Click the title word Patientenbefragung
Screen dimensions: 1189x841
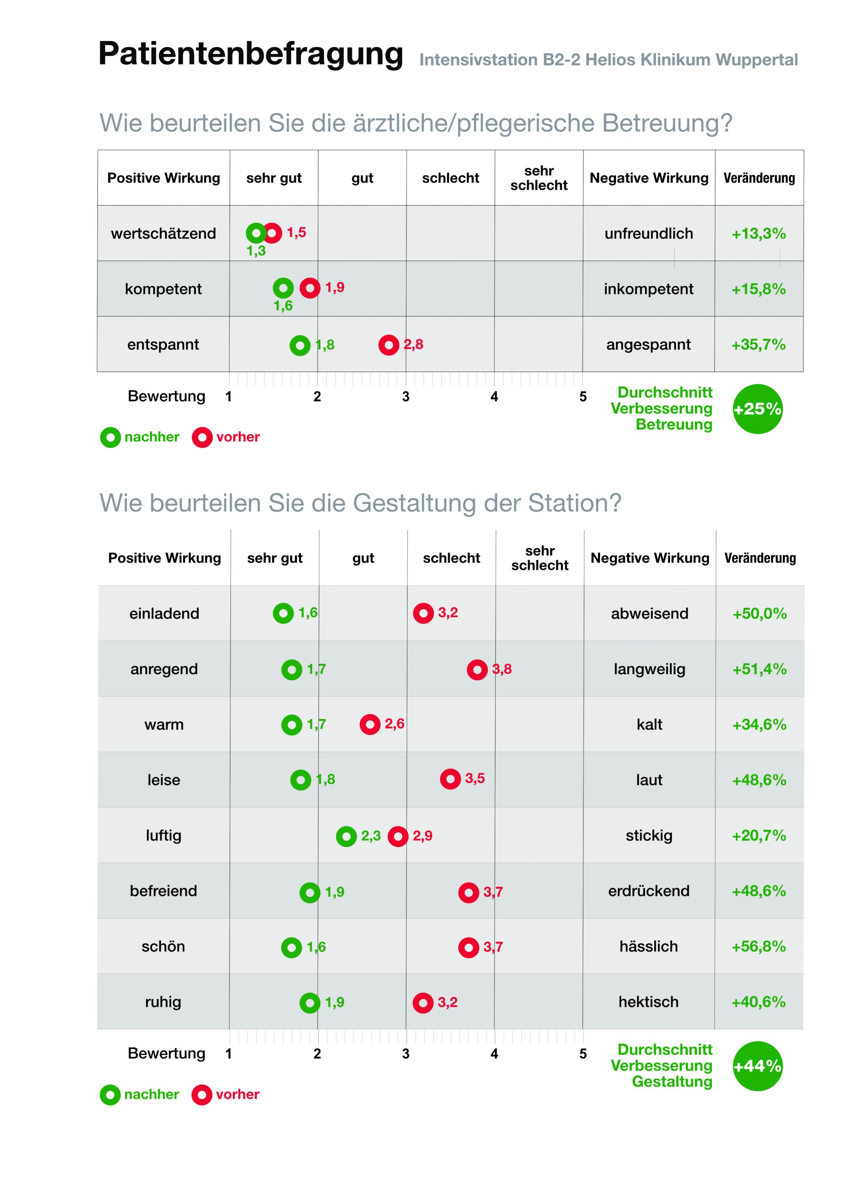[x=250, y=54]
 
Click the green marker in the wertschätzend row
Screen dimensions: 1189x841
[x=255, y=233]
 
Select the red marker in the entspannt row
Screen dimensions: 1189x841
[x=388, y=345]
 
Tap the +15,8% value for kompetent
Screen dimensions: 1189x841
[x=758, y=289]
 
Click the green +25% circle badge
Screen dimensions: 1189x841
[x=757, y=409]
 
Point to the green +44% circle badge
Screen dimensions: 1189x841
[x=757, y=1066]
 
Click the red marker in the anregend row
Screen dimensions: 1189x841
[x=477, y=670]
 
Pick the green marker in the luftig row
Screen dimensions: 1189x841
[x=346, y=836]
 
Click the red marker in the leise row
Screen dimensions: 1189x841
[x=450, y=779]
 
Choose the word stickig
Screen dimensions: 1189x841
[x=649, y=836]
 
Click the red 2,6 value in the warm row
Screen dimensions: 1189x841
[x=394, y=723]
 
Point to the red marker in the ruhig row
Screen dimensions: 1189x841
[x=423, y=1003]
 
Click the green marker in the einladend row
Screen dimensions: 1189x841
[x=283, y=613]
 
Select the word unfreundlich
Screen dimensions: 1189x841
[x=648, y=234]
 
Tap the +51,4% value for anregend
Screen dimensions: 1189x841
[x=759, y=669]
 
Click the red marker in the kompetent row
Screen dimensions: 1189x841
[x=310, y=288]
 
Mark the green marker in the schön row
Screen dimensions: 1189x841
[x=291, y=948]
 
